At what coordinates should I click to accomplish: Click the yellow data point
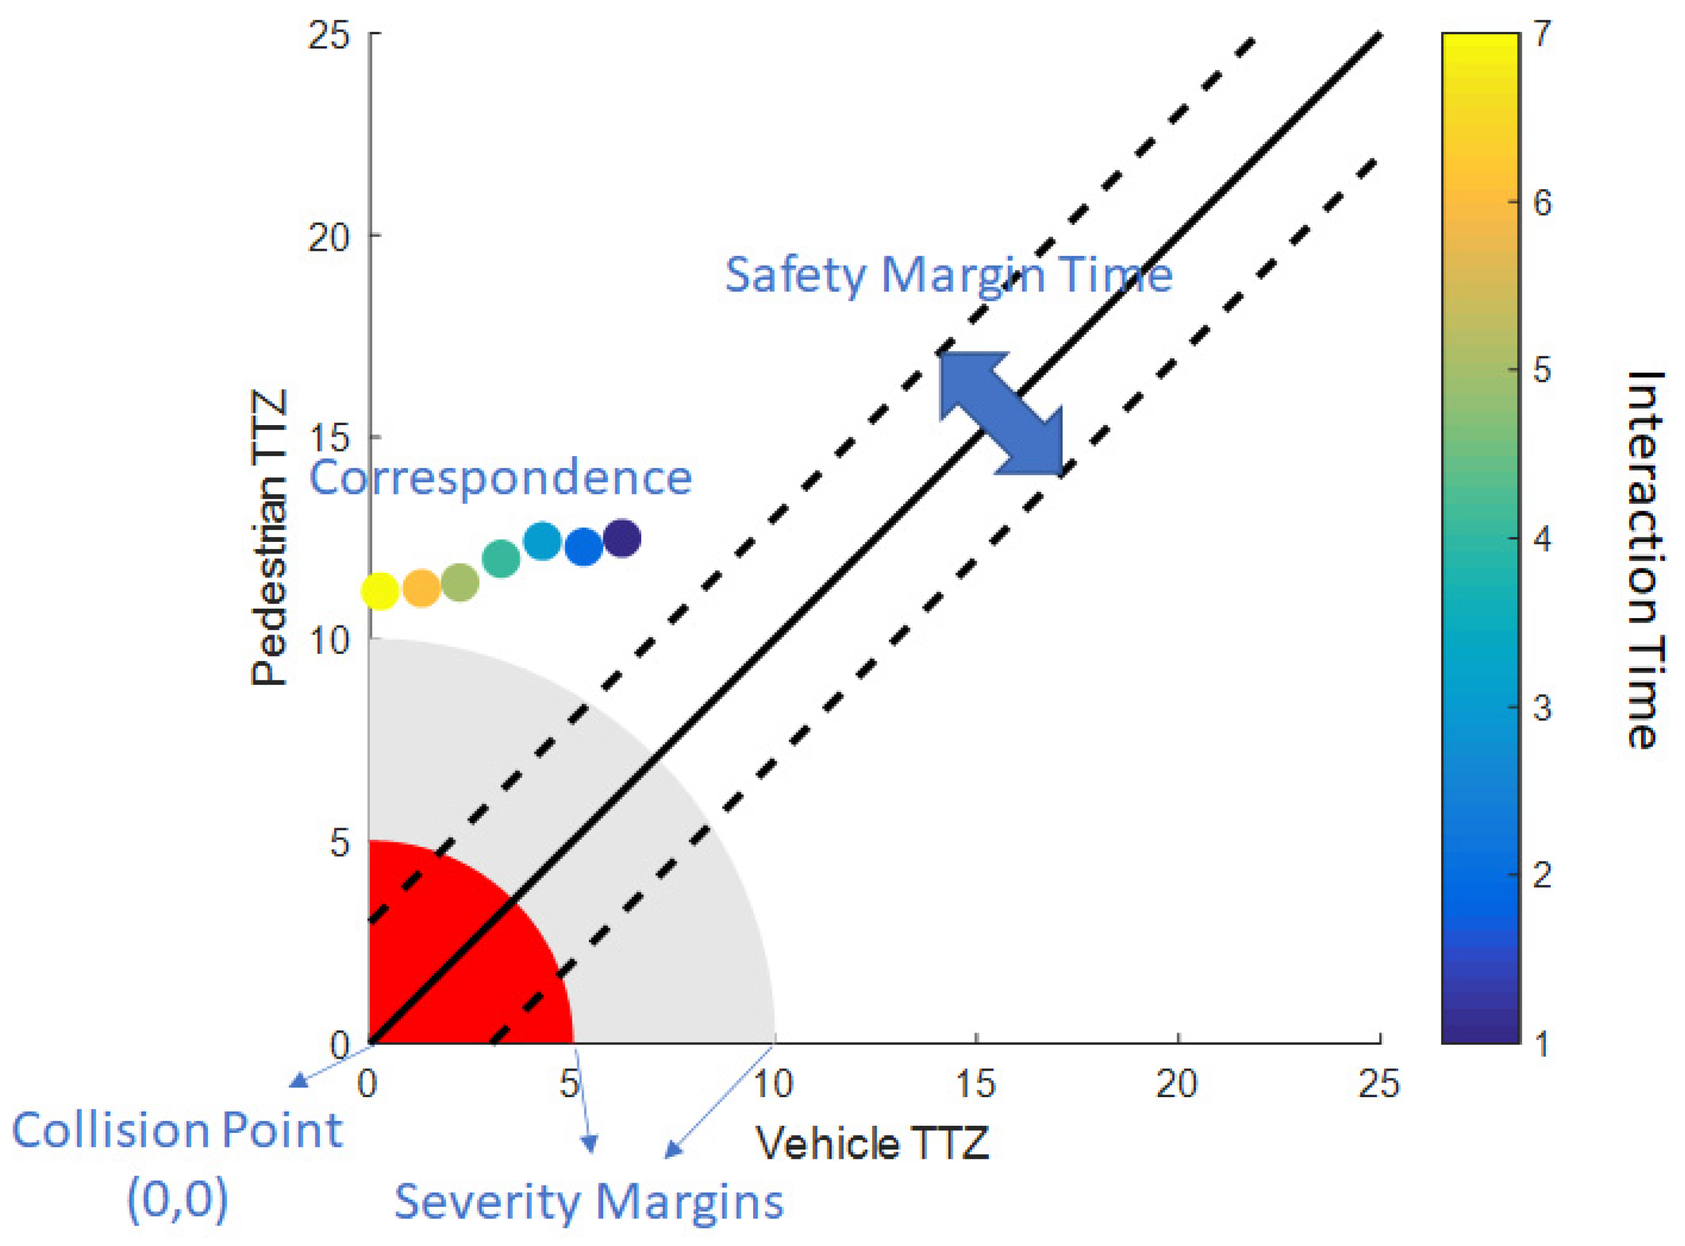(379, 590)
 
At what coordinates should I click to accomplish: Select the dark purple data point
(621, 539)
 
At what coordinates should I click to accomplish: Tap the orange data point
(421, 588)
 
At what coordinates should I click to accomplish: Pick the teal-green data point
(501, 558)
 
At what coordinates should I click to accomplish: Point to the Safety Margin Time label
(948, 275)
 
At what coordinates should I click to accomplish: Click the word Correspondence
(501, 477)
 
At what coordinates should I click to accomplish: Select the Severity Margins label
(589, 1201)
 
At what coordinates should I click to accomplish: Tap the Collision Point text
(177, 1131)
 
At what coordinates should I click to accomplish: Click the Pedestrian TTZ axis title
(269, 537)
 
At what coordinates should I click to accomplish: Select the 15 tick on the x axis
(975, 1084)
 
